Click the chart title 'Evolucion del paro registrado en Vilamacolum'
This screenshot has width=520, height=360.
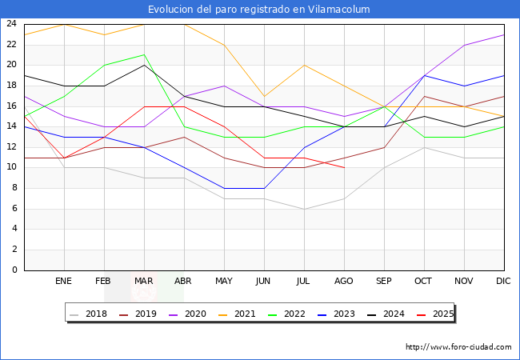pos(259,10)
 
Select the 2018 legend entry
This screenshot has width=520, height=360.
pos(90,314)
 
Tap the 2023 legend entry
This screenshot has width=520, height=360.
pos(336,314)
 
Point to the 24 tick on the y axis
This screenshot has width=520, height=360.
pos(11,24)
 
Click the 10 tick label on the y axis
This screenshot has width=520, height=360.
pos(11,168)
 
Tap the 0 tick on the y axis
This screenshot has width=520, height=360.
pos(14,270)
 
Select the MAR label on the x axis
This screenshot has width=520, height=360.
pos(144,282)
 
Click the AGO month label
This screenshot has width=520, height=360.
pos(344,282)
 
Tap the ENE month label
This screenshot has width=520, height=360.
pos(64,282)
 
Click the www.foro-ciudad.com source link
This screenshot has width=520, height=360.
pos(458,347)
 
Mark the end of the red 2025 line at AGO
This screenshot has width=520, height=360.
pos(344,168)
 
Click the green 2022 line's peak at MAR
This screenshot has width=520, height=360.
pos(144,55)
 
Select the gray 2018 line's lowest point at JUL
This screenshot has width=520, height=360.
pos(304,209)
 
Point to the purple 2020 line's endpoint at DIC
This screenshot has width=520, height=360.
pos(504,34)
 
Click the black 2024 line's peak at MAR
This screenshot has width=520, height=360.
pos(144,65)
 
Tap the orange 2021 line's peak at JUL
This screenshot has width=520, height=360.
pos(304,65)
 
